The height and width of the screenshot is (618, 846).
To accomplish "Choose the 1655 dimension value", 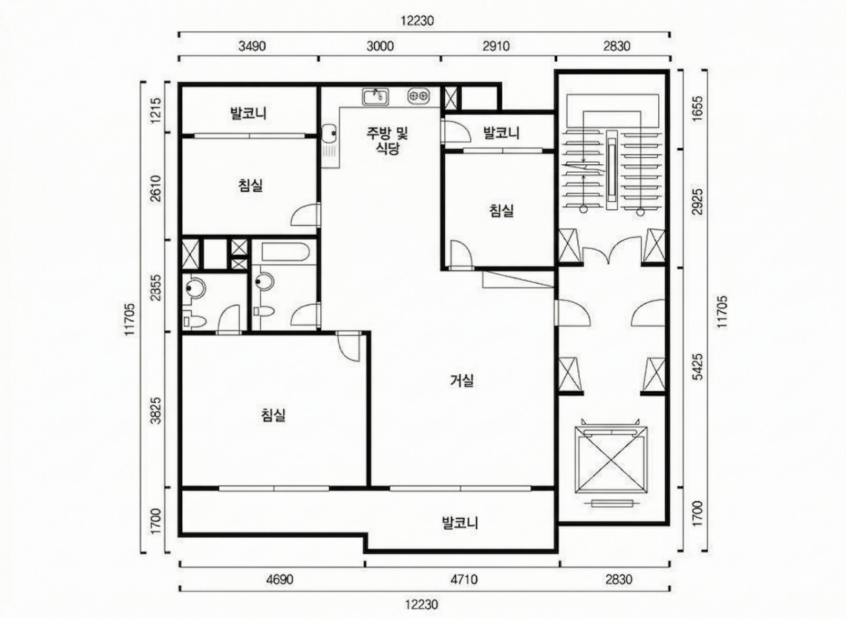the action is pos(698,109).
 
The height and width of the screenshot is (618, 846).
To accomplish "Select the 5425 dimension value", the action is pos(698,367).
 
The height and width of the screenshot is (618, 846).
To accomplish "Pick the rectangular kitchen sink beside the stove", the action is pos(375,96).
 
